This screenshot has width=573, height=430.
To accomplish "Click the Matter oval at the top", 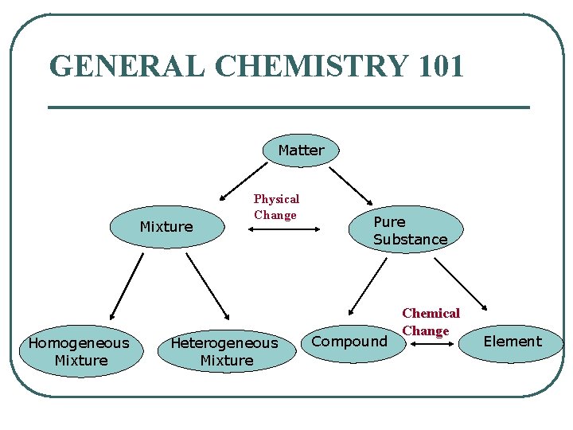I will click(301, 150).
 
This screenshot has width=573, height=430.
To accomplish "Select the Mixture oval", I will click(166, 227).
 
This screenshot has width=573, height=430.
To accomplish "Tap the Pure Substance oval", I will click(410, 231).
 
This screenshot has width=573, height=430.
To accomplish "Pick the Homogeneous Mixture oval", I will click(79, 352).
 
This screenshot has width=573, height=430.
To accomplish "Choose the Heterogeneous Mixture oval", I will click(226, 352).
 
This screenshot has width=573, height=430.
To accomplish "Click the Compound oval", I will click(350, 342).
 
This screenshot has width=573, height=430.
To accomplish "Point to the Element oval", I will click(513, 342).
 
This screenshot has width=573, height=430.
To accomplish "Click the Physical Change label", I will click(276, 207).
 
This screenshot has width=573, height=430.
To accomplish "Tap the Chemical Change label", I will click(430, 322).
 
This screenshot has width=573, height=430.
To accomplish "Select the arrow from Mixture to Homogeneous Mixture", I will click(125, 285).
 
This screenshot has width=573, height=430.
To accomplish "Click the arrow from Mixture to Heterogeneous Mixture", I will click(207, 285).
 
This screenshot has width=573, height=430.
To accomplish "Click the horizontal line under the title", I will click(289, 107).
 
